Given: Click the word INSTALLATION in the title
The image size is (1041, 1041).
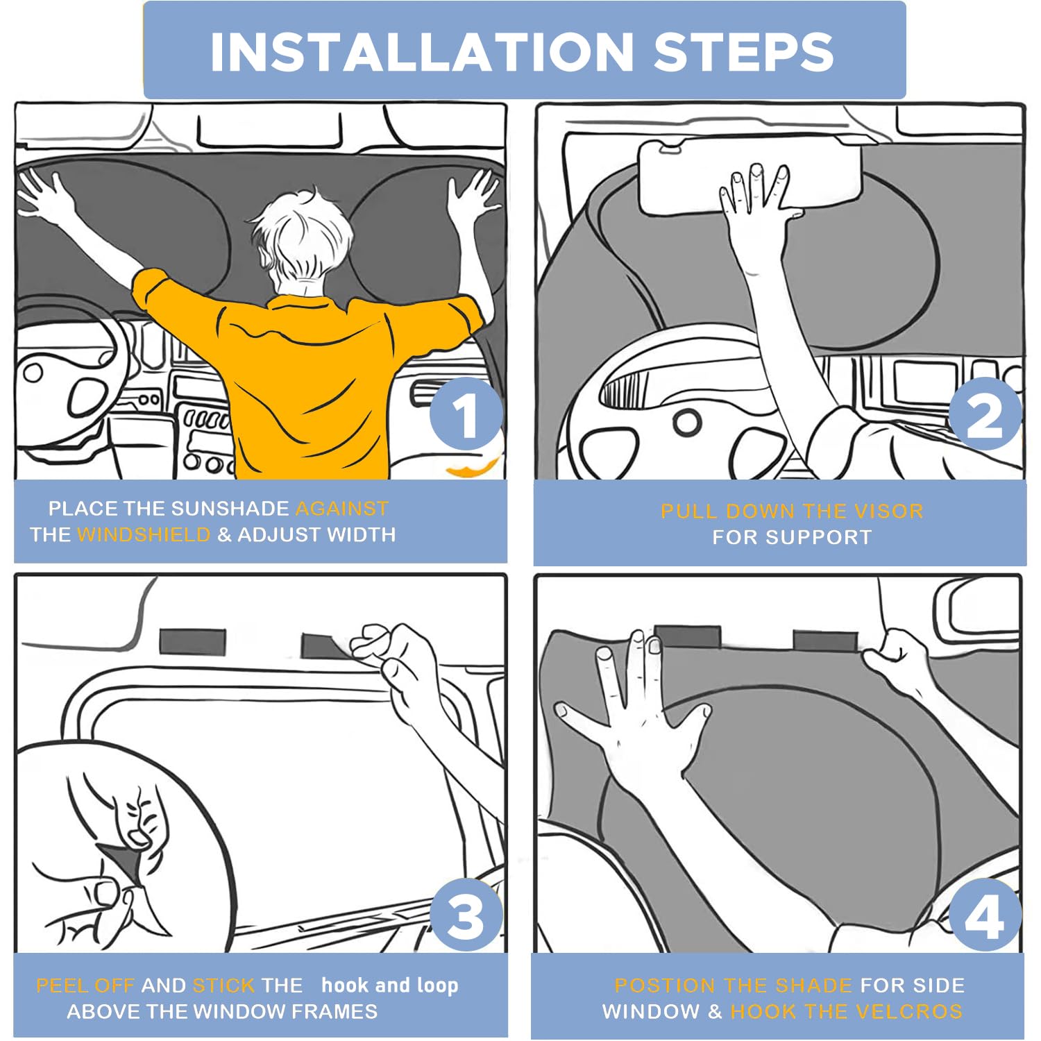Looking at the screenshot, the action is tap(422, 51).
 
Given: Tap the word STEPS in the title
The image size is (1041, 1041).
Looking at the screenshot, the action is tap(743, 51).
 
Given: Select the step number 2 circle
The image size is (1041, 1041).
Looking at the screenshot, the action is tap(985, 414).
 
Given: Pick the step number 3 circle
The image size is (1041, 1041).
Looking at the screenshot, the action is tap(466, 914).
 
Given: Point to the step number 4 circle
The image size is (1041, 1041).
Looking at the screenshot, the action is tap(985, 914).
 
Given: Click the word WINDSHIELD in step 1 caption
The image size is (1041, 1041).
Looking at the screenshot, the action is tap(144, 534).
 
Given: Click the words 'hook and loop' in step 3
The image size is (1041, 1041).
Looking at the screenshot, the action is tap(389, 985).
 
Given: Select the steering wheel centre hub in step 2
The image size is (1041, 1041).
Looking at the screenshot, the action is tap(687, 422).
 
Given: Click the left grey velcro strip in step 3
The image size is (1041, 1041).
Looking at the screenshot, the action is tap(192, 642).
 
